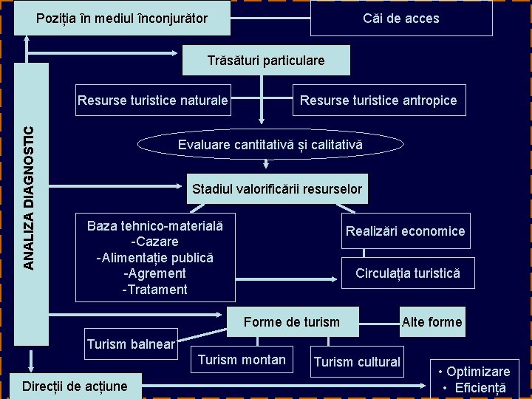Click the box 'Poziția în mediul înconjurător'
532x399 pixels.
pyautogui.click(x=122, y=18)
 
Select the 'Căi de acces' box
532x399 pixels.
pyautogui.click(x=401, y=18)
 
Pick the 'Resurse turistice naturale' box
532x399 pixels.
pyautogui.click(x=153, y=100)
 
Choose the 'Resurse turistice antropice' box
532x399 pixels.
pyautogui.click(x=378, y=100)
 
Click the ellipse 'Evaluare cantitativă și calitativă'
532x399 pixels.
pyautogui.click(x=270, y=146)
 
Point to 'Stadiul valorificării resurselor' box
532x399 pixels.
pyautogui.click(x=277, y=189)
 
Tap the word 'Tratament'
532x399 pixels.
pyautogui.click(x=155, y=290)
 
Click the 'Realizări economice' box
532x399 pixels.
pyautogui.click(x=405, y=231)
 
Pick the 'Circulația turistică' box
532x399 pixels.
pyautogui.click(x=407, y=273)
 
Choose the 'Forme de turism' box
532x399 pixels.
pyautogui.click(x=292, y=321)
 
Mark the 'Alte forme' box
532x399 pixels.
pyautogui.click(x=432, y=321)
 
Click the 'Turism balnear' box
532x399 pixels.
pyautogui.click(x=131, y=344)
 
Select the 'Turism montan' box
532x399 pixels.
pyautogui.click(x=242, y=360)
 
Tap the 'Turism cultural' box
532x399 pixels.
pyautogui.click(x=357, y=362)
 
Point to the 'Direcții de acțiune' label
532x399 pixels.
pyautogui.click(x=75, y=386)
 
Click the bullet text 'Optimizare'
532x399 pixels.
pyautogui.click(x=477, y=372)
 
